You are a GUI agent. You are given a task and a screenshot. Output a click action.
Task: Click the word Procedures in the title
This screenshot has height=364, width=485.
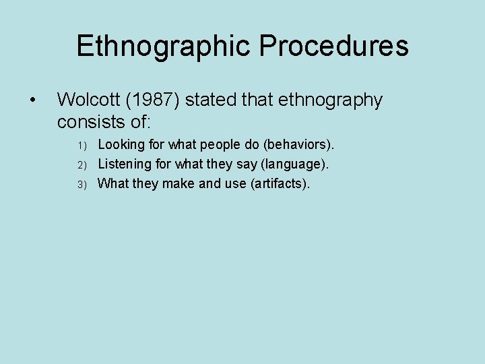coord(333,47)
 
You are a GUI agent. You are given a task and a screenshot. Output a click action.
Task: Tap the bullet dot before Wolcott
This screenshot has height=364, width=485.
coord(32,100)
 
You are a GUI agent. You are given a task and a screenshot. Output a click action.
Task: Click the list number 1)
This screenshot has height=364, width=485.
coord(83,145)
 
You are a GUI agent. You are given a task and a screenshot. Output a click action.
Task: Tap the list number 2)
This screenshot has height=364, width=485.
coord(83,164)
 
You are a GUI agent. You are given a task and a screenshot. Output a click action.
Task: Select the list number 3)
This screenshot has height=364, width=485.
coord(83,184)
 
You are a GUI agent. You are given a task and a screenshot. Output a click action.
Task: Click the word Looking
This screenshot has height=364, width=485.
coord(122,145)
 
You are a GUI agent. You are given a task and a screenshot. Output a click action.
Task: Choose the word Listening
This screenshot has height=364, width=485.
coord(125,164)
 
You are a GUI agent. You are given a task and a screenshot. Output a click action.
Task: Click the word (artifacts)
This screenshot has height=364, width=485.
coord(280,184)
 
